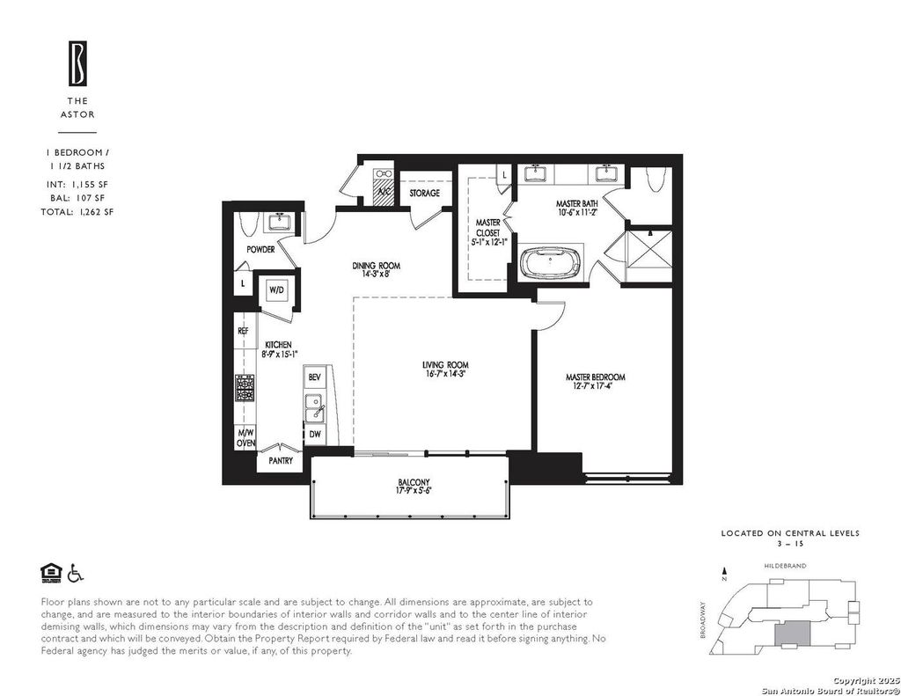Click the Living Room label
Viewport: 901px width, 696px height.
[x=445, y=364]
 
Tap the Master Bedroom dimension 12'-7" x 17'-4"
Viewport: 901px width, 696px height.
[x=596, y=386]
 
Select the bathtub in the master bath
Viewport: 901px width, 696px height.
[x=551, y=263]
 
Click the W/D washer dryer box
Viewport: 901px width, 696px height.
[x=276, y=291]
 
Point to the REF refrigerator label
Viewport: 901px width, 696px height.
[x=243, y=331]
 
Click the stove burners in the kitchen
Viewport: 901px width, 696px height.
[x=245, y=388]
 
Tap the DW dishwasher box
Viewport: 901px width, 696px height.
[x=315, y=435]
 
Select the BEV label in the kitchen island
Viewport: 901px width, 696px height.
[x=314, y=377]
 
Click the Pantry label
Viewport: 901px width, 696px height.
[x=281, y=460]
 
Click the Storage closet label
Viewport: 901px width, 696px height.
[x=425, y=193]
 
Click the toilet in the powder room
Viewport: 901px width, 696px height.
[x=247, y=223]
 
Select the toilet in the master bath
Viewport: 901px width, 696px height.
[x=655, y=179]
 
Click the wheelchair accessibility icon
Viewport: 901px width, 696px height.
[x=76, y=573]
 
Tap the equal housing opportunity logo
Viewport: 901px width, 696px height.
[x=51, y=573]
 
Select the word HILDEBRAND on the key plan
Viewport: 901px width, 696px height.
[x=785, y=566]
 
